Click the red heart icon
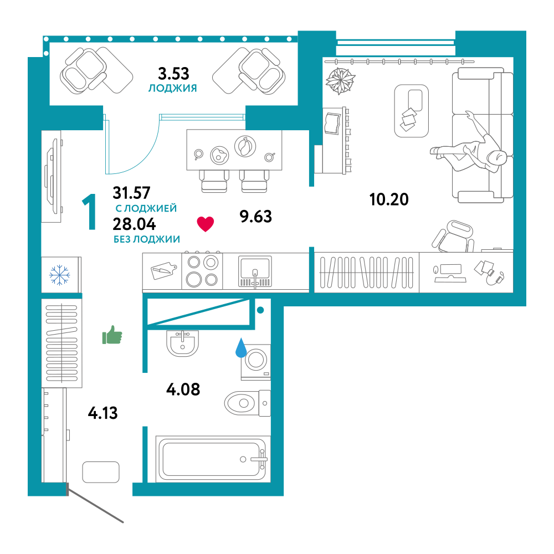tap(206, 224)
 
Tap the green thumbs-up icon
tap(112, 335)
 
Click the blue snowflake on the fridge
tap(59, 275)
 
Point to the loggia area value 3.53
tap(173, 74)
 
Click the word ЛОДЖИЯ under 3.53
tap(172, 88)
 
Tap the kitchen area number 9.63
tap(256, 216)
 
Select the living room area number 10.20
tap(389, 199)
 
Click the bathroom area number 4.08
tap(183, 389)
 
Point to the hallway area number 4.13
tap(103, 413)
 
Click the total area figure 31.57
tap(131, 193)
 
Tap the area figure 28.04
tap(134, 224)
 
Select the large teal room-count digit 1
tap(90, 212)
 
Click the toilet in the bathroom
tap(247, 403)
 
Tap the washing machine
tap(256, 362)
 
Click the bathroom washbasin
tap(182, 343)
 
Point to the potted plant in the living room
tap(340, 80)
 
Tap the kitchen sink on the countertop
tap(255, 271)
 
